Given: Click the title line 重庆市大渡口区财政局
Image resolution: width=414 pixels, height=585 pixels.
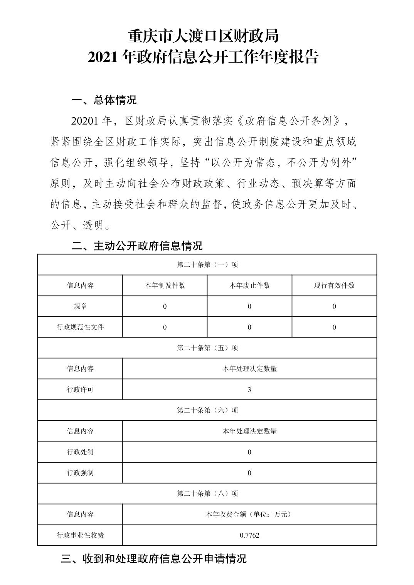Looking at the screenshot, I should click(x=203, y=37).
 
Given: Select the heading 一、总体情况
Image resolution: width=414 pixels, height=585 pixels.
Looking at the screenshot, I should click(x=104, y=100).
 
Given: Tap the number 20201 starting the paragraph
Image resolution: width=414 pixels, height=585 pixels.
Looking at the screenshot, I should click(x=85, y=121).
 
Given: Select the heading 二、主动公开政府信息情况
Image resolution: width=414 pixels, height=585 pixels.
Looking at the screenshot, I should click(x=137, y=246).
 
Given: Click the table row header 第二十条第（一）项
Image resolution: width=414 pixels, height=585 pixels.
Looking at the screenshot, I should click(x=207, y=265).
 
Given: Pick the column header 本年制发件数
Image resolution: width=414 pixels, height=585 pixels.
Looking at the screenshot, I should click(x=165, y=286).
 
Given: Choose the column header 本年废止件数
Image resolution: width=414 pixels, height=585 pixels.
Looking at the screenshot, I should click(x=249, y=286).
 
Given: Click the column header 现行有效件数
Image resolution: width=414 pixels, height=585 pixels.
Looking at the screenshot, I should click(x=334, y=286).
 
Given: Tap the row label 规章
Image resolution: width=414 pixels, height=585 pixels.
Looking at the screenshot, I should click(x=80, y=306).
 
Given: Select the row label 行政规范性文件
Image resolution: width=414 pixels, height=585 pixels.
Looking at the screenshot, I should click(x=80, y=327).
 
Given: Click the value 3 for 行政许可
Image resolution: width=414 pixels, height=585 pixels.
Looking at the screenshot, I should click(x=249, y=389).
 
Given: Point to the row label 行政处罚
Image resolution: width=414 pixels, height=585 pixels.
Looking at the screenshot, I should click(x=80, y=452).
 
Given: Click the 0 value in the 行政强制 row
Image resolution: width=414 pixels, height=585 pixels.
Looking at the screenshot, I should click(x=249, y=473).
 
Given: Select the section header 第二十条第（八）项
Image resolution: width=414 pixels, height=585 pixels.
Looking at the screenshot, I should click(x=207, y=493).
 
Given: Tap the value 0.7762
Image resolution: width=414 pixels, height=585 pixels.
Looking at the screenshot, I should click(x=249, y=535).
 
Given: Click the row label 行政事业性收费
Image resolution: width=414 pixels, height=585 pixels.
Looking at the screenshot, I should click(x=80, y=535).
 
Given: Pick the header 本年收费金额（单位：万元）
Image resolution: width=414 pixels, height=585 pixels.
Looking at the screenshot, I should click(x=249, y=514).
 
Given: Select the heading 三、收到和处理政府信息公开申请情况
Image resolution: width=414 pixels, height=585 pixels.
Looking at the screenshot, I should click(x=153, y=558).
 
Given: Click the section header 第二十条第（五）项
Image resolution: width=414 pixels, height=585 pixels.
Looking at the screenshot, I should click(x=207, y=348).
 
